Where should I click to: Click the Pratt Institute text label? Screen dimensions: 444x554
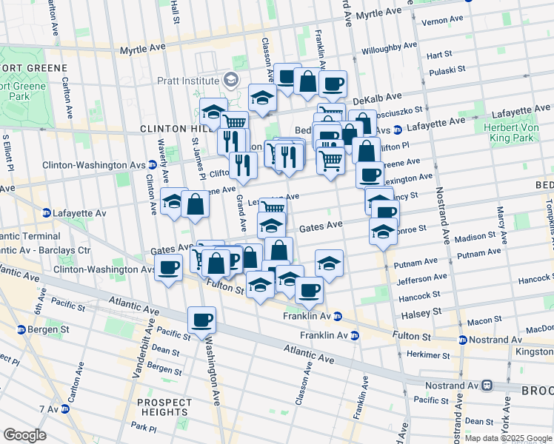(x=187, y=80)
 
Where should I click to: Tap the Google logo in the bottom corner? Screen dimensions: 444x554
(x=24, y=434)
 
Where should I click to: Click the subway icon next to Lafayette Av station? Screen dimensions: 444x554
(x=46, y=212)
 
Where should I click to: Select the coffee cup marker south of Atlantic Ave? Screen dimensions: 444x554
(x=201, y=320)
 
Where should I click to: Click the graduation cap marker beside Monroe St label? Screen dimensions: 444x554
(x=383, y=230)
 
